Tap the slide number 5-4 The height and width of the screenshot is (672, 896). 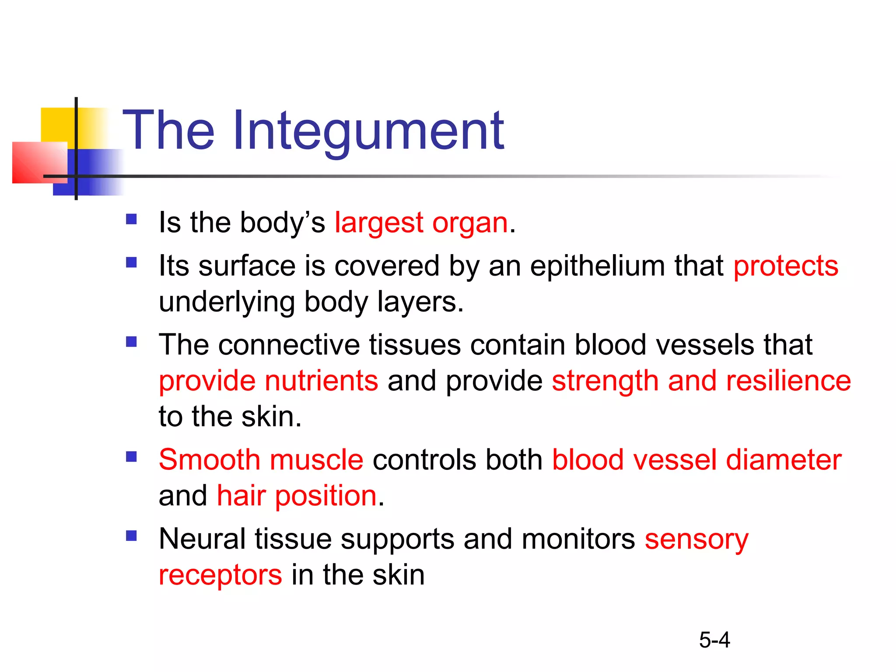[714, 640]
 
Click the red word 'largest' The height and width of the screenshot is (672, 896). [379, 223]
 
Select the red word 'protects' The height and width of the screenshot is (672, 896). [786, 266]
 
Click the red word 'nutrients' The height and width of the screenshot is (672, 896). [322, 381]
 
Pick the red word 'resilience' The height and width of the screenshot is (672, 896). [788, 381]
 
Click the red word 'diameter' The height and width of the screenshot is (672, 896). [784, 460]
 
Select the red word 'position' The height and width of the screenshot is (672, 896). [326, 497]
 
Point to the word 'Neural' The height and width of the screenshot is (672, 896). [202, 539]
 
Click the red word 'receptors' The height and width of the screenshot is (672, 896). [220, 575]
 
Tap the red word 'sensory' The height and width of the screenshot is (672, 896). [696, 539]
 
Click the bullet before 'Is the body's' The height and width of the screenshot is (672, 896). [131, 219]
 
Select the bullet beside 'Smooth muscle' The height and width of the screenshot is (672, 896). [131, 457]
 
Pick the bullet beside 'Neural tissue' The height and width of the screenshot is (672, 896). [131, 535]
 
